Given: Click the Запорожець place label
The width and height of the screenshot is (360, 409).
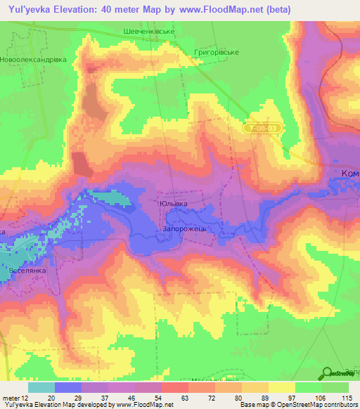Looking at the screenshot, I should [x=184, y=229].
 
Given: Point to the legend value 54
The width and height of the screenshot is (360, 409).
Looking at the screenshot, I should [x=159, y=398].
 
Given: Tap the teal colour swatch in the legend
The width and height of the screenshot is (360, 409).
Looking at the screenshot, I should [x=41, y=387].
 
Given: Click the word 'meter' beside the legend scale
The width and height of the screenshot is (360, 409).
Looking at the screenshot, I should [x=10, y=398].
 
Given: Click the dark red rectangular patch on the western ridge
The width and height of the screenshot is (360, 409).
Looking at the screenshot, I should [x=82, y=163].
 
